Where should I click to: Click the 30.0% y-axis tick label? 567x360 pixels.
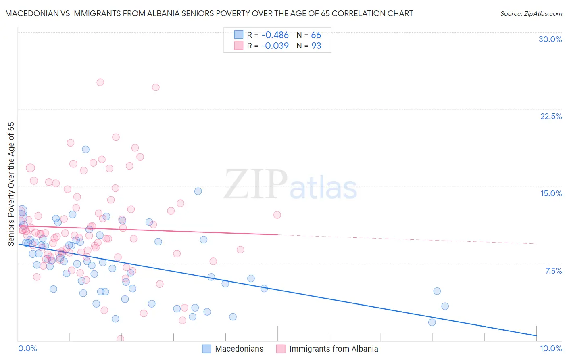coord(550,39)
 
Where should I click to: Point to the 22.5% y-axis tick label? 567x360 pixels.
coord(551,116)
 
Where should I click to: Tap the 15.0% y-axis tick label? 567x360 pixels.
coord(551,193)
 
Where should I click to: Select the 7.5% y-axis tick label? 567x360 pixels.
coord(553,271)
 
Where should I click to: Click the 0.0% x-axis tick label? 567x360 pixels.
coord(27,348)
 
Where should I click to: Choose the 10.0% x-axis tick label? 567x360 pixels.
coord(550,348)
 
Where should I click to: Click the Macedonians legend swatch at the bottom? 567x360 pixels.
coord(206,349)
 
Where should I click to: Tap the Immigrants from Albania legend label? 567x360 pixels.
coord(334,349)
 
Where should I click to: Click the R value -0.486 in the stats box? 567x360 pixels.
coord(275,35)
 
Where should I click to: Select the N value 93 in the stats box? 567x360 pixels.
coord(316,46)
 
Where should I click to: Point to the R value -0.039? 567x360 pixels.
coord(275,46)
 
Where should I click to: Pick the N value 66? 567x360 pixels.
coord(316,35)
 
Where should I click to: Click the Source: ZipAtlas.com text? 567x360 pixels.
coord(531,13)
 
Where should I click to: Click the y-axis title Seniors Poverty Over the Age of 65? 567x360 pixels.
coord(11,184)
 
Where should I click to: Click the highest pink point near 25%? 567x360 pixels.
coord(100,82)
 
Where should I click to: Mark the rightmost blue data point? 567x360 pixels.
coord(445,306)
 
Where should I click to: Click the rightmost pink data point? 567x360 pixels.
coord(277,215)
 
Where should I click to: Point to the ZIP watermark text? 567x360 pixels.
coord(256,184)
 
